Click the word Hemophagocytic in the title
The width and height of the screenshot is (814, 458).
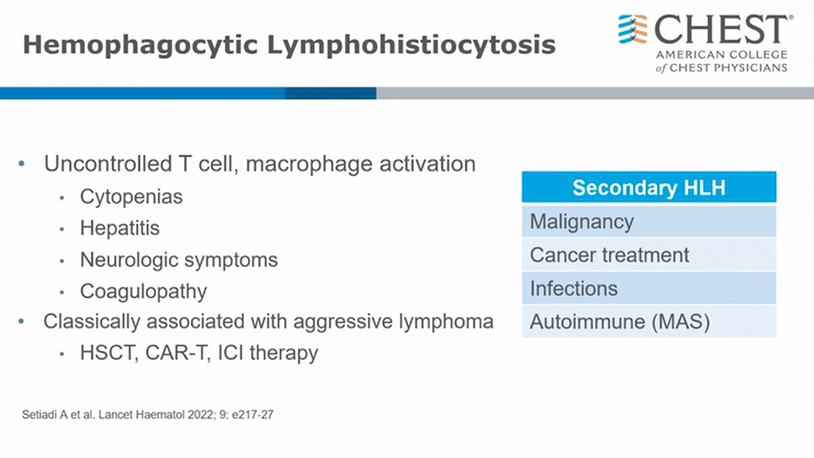point(140,45)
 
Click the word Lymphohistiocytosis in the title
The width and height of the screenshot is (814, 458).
point(411,45)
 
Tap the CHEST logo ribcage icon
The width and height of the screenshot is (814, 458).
point(633,29)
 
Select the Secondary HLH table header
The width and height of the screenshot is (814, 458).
point(649,187)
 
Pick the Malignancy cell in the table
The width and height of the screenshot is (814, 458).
point(649,222)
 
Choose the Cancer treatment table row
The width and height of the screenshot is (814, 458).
point(649,255)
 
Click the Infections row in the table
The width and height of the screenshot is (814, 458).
point(649,288)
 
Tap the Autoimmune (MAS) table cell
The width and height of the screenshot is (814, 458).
point(649,321)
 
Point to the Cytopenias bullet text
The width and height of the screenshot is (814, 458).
point(132,197)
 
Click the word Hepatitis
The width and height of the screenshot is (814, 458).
point(120,228)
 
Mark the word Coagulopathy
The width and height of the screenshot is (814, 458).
point(143,292)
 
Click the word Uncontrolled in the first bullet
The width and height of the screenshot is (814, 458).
point(108,164)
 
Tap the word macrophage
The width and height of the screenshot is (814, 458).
point(309,165)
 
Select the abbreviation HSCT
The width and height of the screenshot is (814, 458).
point(109,353)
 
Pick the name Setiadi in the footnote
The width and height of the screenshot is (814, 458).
point(40,414)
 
